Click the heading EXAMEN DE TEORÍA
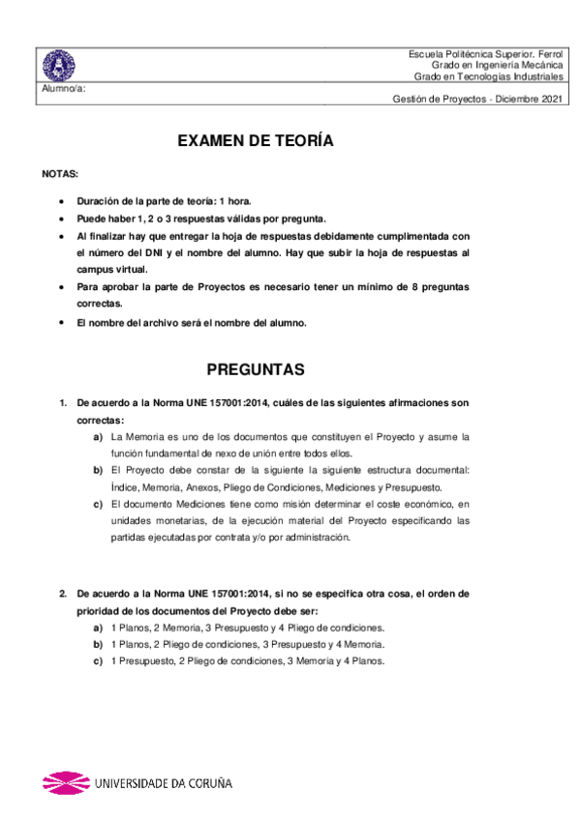tap(256, 141)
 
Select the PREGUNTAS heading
tap(256, 370)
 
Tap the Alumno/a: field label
tap(64, 88)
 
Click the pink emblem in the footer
tap(64, 782)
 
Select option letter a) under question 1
tap(99, 436)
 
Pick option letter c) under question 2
tap(99, 661)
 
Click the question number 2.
tap(62, 594)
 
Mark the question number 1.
tap(62, 402)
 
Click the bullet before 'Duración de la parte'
tap(63, 201)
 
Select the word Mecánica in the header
tap(538, 65)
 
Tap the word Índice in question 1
tap(126, 487)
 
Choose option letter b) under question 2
tap(99, 644)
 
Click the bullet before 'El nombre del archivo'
tap(63, 323)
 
